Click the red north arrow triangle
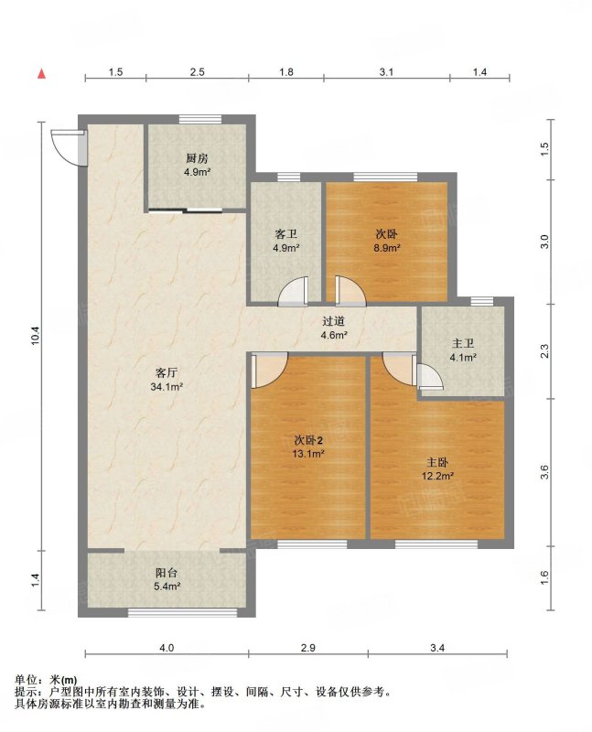41,74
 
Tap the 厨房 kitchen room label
197,165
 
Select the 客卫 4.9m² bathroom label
285,241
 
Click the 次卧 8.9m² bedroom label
386,241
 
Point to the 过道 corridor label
334,328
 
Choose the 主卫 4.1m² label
463,350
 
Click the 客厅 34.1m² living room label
167,380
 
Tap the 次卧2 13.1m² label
308,447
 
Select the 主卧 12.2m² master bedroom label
437,468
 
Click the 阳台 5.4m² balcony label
167,579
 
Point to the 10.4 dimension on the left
36,335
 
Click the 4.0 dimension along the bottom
167,648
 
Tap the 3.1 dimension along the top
386,72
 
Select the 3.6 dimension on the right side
544,472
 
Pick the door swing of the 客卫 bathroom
293,292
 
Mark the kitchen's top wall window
200,120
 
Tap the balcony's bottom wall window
183,612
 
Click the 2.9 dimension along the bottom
308,648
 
